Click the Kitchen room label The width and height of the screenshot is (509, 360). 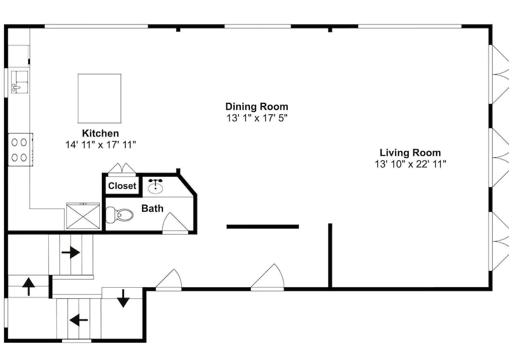[x=100, y=133]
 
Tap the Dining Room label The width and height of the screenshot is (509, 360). [x=257, y=106]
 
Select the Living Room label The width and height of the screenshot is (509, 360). [x=410, y=153]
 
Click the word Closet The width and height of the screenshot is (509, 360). [x=122, y=186]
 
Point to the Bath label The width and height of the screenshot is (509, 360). [x=152, y=208]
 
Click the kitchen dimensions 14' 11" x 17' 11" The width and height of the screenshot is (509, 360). [x=101, y=145]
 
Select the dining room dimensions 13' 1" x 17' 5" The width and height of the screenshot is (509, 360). [x=257, y=118]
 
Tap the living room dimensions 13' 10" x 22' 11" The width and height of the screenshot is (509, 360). [x=411, y=164]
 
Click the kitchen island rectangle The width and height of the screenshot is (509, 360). [x=99, y=98]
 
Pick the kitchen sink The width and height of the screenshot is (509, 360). [x=19, y=82]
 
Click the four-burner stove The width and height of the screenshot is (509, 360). [x=20, y=150]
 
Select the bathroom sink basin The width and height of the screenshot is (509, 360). [x=156, y=187]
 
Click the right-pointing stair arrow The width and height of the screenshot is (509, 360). [x=71, y=252]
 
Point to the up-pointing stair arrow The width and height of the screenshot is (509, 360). [x=29, y=286]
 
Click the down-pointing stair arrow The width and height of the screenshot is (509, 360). [x=123, y=298]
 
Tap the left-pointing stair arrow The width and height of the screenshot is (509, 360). [x=78, y=320]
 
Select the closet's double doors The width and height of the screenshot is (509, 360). [x=122, y=169]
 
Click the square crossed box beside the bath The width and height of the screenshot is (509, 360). [x=83, y=215]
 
